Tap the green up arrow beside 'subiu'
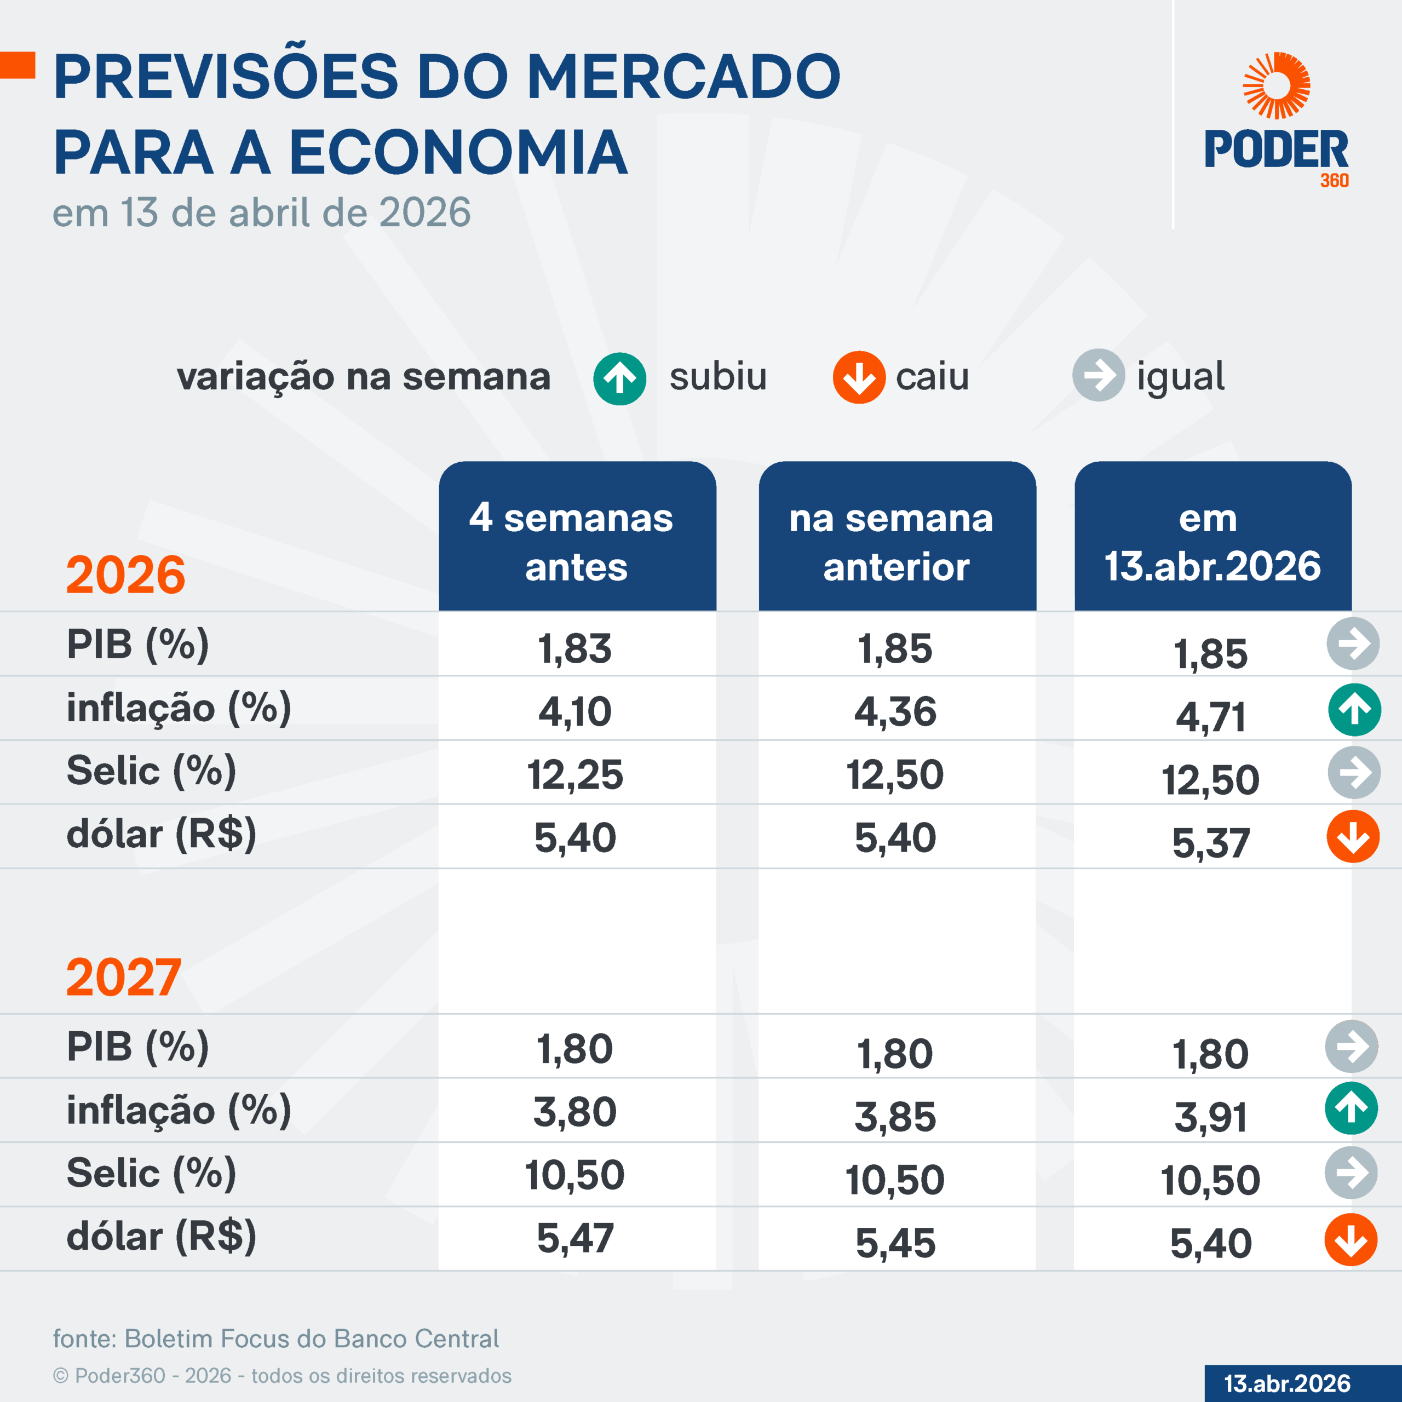[620, 378]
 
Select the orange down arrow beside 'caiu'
[859, 377]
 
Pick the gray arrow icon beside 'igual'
[1099, 375]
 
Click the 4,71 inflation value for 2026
[1210, 717]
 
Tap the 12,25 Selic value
[574, 774]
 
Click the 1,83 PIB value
[574, 648]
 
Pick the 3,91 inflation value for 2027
[1210, 1117]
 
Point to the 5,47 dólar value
[574, 1238]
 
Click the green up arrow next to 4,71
[1354, 710]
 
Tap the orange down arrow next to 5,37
[1353, 836]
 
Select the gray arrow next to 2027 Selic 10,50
[1351, 1173]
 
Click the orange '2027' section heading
[123, 978]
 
